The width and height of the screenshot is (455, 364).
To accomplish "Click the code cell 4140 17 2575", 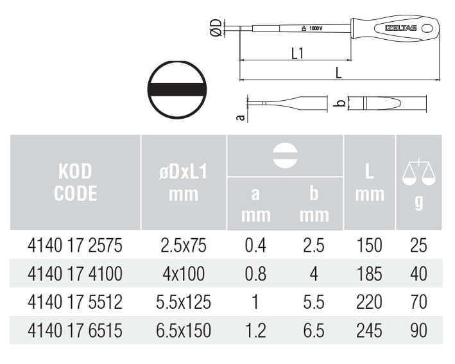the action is coord(75,245).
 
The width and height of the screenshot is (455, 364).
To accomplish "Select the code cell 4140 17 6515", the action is coord(75,331).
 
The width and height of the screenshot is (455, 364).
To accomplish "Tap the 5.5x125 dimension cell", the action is coord(184,302).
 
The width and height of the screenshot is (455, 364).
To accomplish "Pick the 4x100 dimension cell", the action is coord(184,273).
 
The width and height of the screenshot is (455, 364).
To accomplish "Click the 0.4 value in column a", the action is coord(255,245).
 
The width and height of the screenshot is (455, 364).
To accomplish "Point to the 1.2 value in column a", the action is coord(255,331).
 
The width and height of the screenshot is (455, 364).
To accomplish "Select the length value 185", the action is coord(369,273).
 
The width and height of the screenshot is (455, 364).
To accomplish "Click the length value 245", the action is coord(369,331).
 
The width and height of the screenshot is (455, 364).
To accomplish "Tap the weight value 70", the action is coord(418,302).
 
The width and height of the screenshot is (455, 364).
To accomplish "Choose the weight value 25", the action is coord(418,245).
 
